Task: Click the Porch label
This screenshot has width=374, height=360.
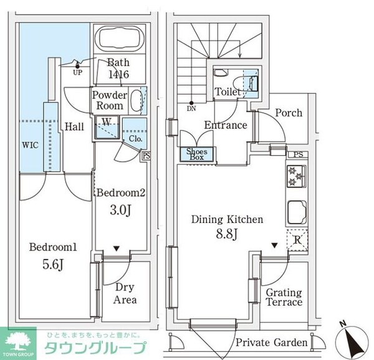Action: (288, 113)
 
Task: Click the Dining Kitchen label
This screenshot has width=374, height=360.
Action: (227, 220)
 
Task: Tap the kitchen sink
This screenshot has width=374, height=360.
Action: (295, 212)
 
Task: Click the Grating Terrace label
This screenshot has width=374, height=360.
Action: (284, 298)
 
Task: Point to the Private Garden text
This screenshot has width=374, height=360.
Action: (272, 343)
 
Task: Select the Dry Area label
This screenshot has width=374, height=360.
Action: (125, 294)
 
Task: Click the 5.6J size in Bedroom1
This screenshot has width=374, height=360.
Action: (53, 263)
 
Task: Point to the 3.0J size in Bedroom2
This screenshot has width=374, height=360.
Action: (120, 209)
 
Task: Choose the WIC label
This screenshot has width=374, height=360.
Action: (30, 145)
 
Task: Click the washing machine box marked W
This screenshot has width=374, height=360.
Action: (106, 123)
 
